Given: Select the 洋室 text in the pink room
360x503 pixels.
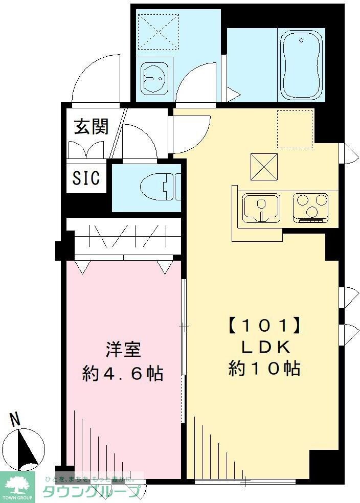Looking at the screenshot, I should [x=123, y=351].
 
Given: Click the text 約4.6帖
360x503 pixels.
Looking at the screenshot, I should [x=123, y=374].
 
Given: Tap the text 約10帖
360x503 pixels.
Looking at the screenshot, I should [x=264, y=369].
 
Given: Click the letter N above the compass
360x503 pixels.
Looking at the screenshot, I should [x=16, y=420].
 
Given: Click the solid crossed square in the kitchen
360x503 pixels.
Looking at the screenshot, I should [x=264, y=167].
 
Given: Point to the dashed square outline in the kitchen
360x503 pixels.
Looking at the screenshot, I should [x=294, y=128].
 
